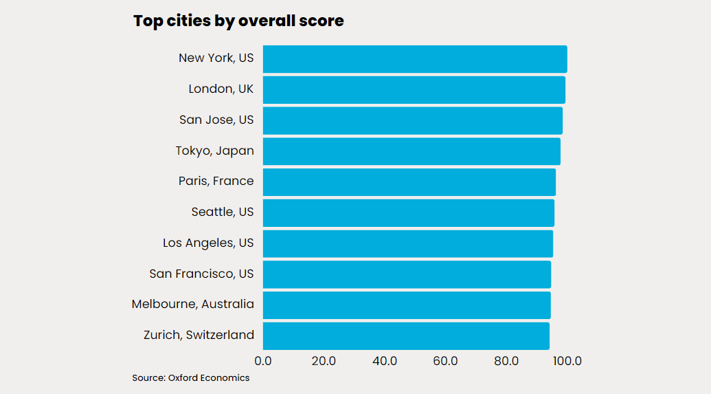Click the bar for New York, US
coord(415,59)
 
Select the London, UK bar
coord(414,90)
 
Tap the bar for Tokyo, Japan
coord(411,151)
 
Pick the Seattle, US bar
coord(409,212)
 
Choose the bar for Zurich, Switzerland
coord(406,336)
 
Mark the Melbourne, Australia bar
coord(407,305)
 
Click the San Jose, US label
coord(216,120)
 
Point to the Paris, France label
coord(216,181)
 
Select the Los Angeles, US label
coord(208,243)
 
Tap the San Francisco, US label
coord(201,274)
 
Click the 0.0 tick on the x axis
coord(263,361)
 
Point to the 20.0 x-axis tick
coord(324,361)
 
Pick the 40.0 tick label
coord(385,361)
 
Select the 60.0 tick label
coord(445,361)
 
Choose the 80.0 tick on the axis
coord(506,361)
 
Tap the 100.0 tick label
coord(567,361)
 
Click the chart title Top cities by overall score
coord(238,21)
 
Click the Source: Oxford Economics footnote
coord(191,378)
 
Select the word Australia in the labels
coord(228,305)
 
